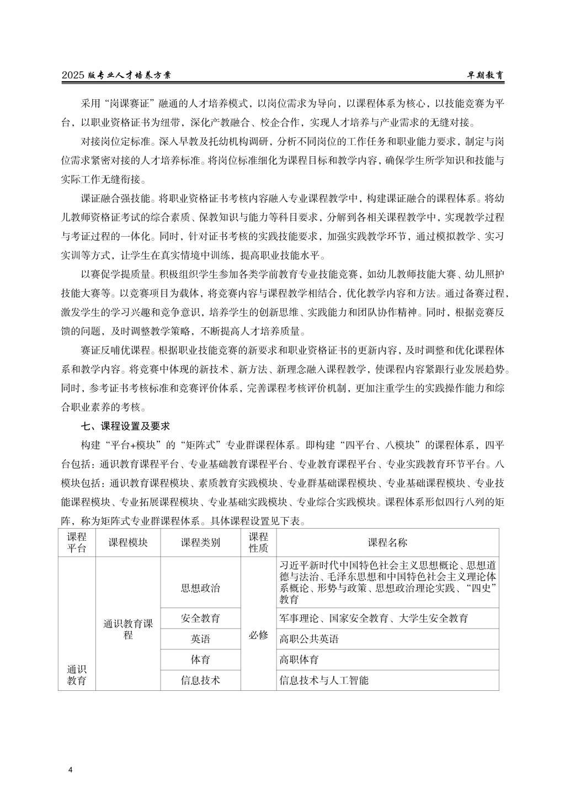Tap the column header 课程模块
(128, 542)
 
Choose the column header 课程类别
(200, 542)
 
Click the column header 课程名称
(387, 542)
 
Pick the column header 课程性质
(258, 542)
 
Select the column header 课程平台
(77, 542)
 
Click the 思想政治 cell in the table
(200, 588)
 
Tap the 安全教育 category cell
(200, 618)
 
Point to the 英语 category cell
(200, 639)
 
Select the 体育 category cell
(200, 659)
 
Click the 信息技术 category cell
(200, 680)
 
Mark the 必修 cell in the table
(258, 635)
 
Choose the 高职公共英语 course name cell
(309, 639)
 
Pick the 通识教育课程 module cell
(128, 629)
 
